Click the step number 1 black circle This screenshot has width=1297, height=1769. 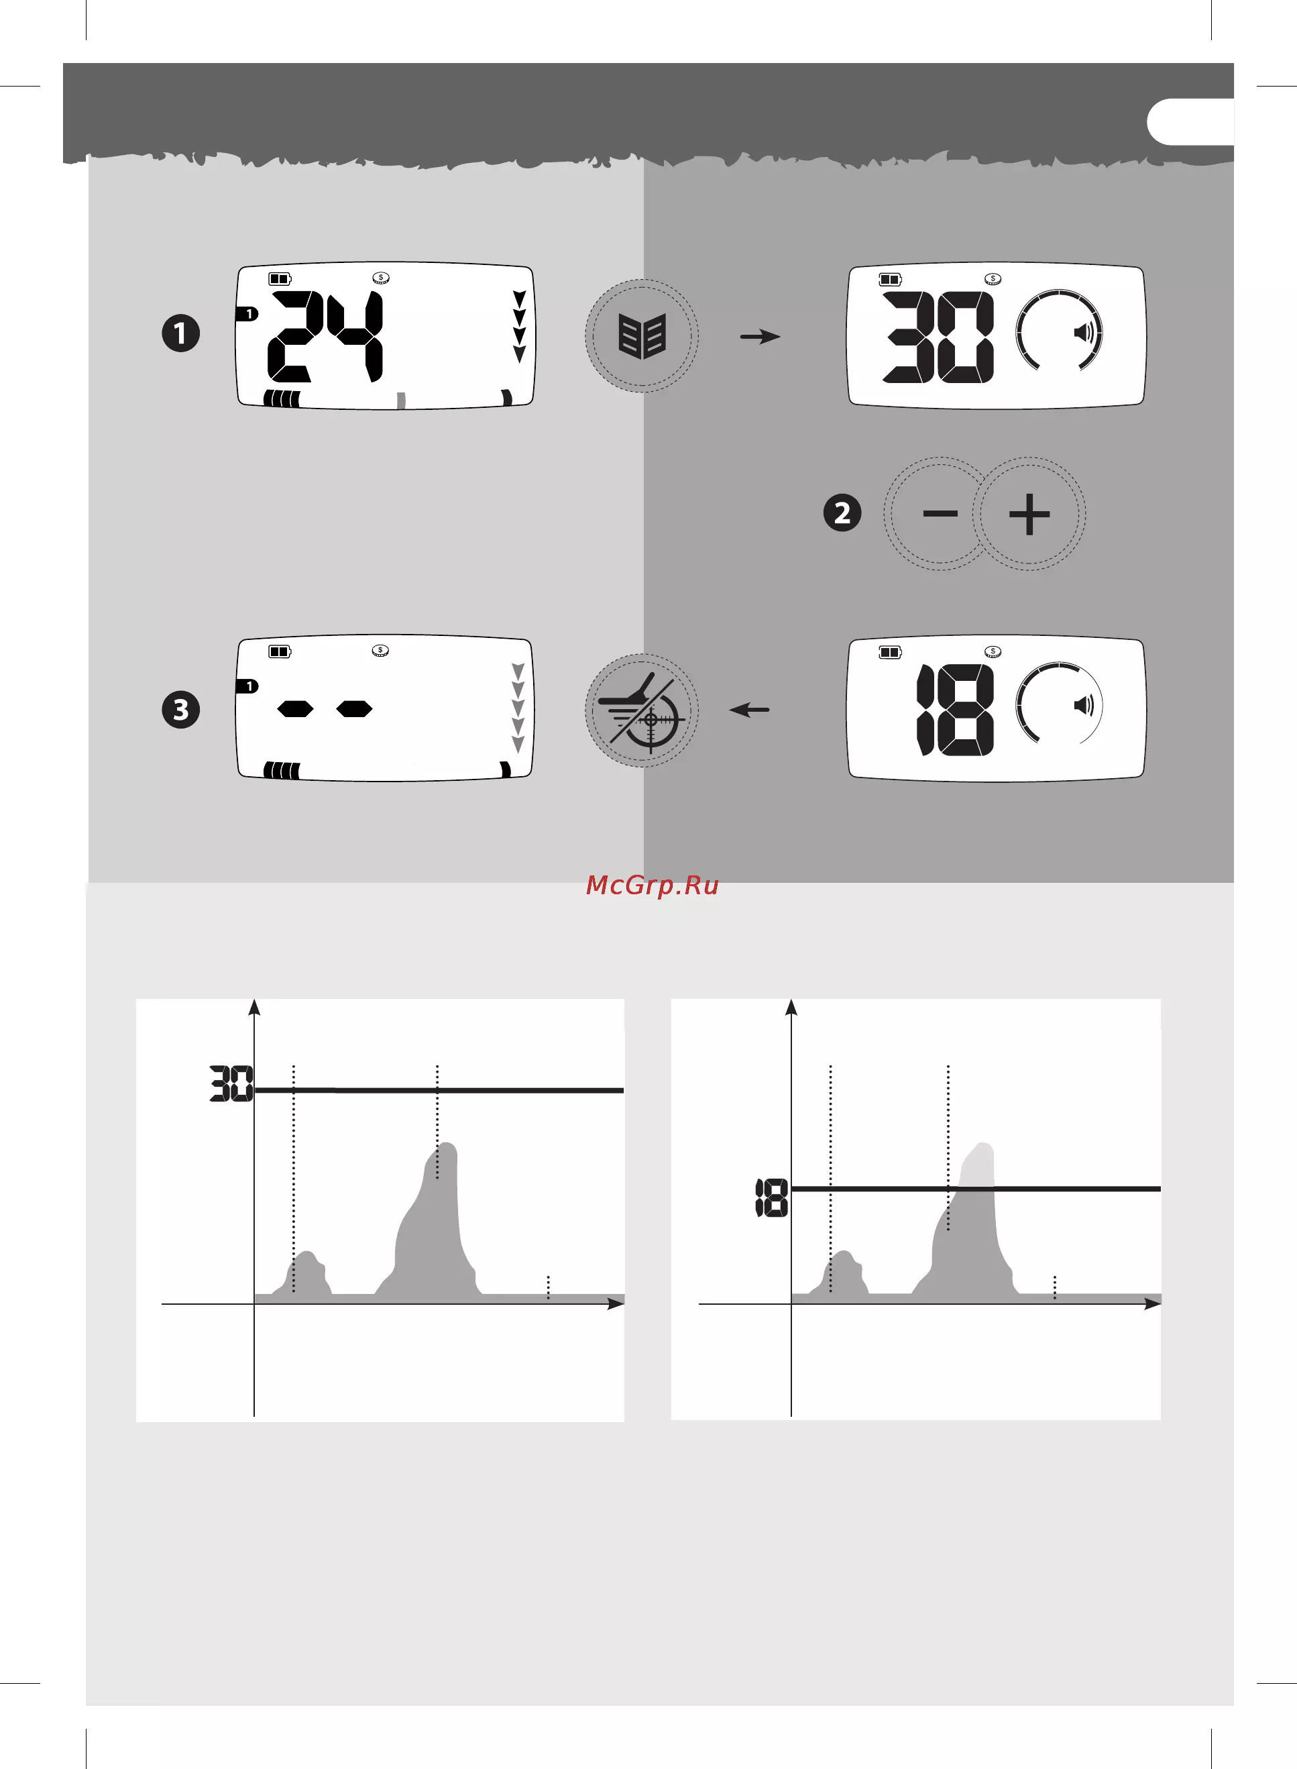(180, 333)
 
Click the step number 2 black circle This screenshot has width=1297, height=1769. (842, 513)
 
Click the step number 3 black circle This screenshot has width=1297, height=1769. (180, 710)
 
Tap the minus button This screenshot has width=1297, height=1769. (940, 513)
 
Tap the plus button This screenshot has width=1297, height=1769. (1029, 513)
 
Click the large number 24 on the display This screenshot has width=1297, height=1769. (326, 336)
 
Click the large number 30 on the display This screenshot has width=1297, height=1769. (939, 337)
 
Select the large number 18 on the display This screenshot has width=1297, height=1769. (956, 710)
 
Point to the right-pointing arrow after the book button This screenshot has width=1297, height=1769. (760, 337)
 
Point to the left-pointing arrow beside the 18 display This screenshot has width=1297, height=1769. (749, 710)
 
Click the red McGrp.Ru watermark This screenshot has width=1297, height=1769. (653, 886)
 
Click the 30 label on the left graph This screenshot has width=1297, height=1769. (231, 1083)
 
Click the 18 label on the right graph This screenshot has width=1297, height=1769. (772, 1198)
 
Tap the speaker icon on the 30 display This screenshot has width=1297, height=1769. (1084, 333)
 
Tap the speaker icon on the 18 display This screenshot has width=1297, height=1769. (1084, 705)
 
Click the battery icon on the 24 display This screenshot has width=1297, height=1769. (280, 279)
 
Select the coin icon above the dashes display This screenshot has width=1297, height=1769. (381, 651)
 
